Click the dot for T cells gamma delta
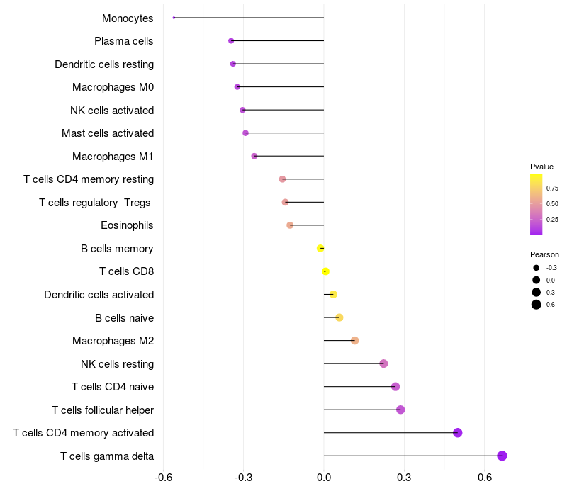click(502, 456)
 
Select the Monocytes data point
click(174, 18)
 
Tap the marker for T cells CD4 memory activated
click(457, 433)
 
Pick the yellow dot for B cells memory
click(320, 248)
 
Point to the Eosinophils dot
click(290, 225)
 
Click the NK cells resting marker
click(383, 363)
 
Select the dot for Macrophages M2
click(354, 341)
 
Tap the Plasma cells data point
click(231, 41)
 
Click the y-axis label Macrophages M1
click(113, 156)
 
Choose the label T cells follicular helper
click(103, 410)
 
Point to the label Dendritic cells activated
click(99, 294)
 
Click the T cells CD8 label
click(126, 271)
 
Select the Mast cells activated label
click(108, 133)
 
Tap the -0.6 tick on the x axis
click(163, 478)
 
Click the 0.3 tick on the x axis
click(404, 478)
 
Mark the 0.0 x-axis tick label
click(324, 478)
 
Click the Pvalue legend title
click(541, 167)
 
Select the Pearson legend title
click(544, 254)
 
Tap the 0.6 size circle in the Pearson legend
click(537, 305)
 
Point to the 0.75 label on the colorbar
click(552, 188)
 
